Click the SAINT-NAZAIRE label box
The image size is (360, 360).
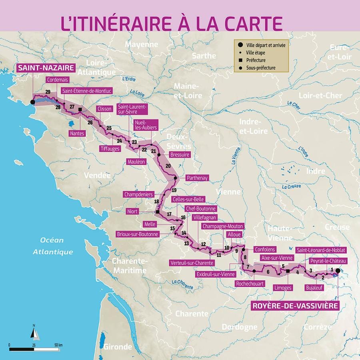coord(39,68)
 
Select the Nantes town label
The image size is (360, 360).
coord(77,133)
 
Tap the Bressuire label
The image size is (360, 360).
coord(180,154)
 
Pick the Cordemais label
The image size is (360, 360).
coord(57,80)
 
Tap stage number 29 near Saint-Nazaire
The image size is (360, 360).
coord(48,92)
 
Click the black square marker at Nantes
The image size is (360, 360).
coord(80,109)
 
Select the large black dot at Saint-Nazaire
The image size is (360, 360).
coord(33,102)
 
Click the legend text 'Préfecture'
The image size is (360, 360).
coord(256,60)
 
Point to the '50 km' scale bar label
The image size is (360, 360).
coord(58,345)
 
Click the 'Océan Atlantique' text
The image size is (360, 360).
coord(53,246)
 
